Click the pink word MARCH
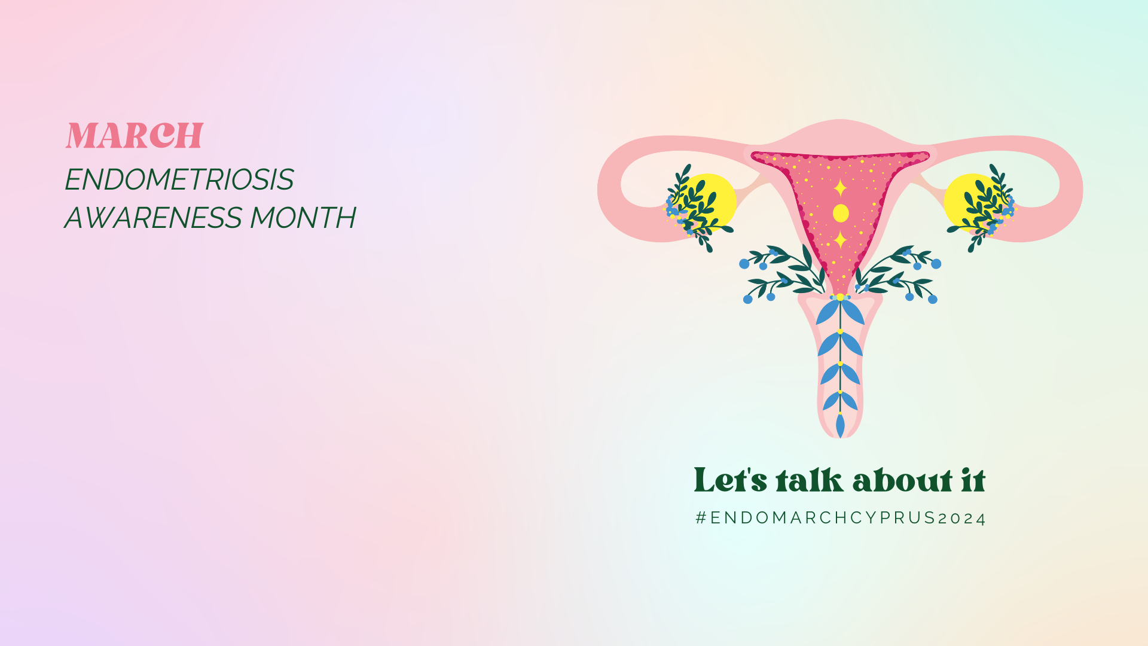(x=135, y=135)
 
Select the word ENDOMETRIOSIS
(x=179, y=179)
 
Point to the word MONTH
(x=303, y=218)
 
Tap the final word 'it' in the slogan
(x=973, y=480)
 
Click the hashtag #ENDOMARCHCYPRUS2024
(x=841, y=518)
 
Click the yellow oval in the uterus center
(x=841, y=213)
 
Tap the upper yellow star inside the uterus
(x=840, y=188)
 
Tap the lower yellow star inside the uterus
(x=840, y=239)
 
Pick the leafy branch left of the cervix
(x=783, y=272)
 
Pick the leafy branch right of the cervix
(x=897, y=272)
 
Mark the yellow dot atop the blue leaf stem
(x=840, y=297)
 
